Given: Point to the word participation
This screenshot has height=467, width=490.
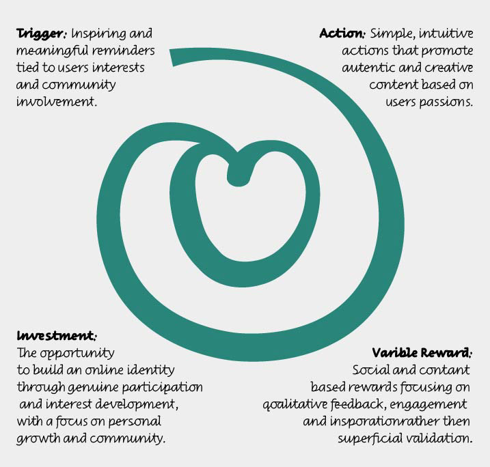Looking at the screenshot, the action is coord(167,388).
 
